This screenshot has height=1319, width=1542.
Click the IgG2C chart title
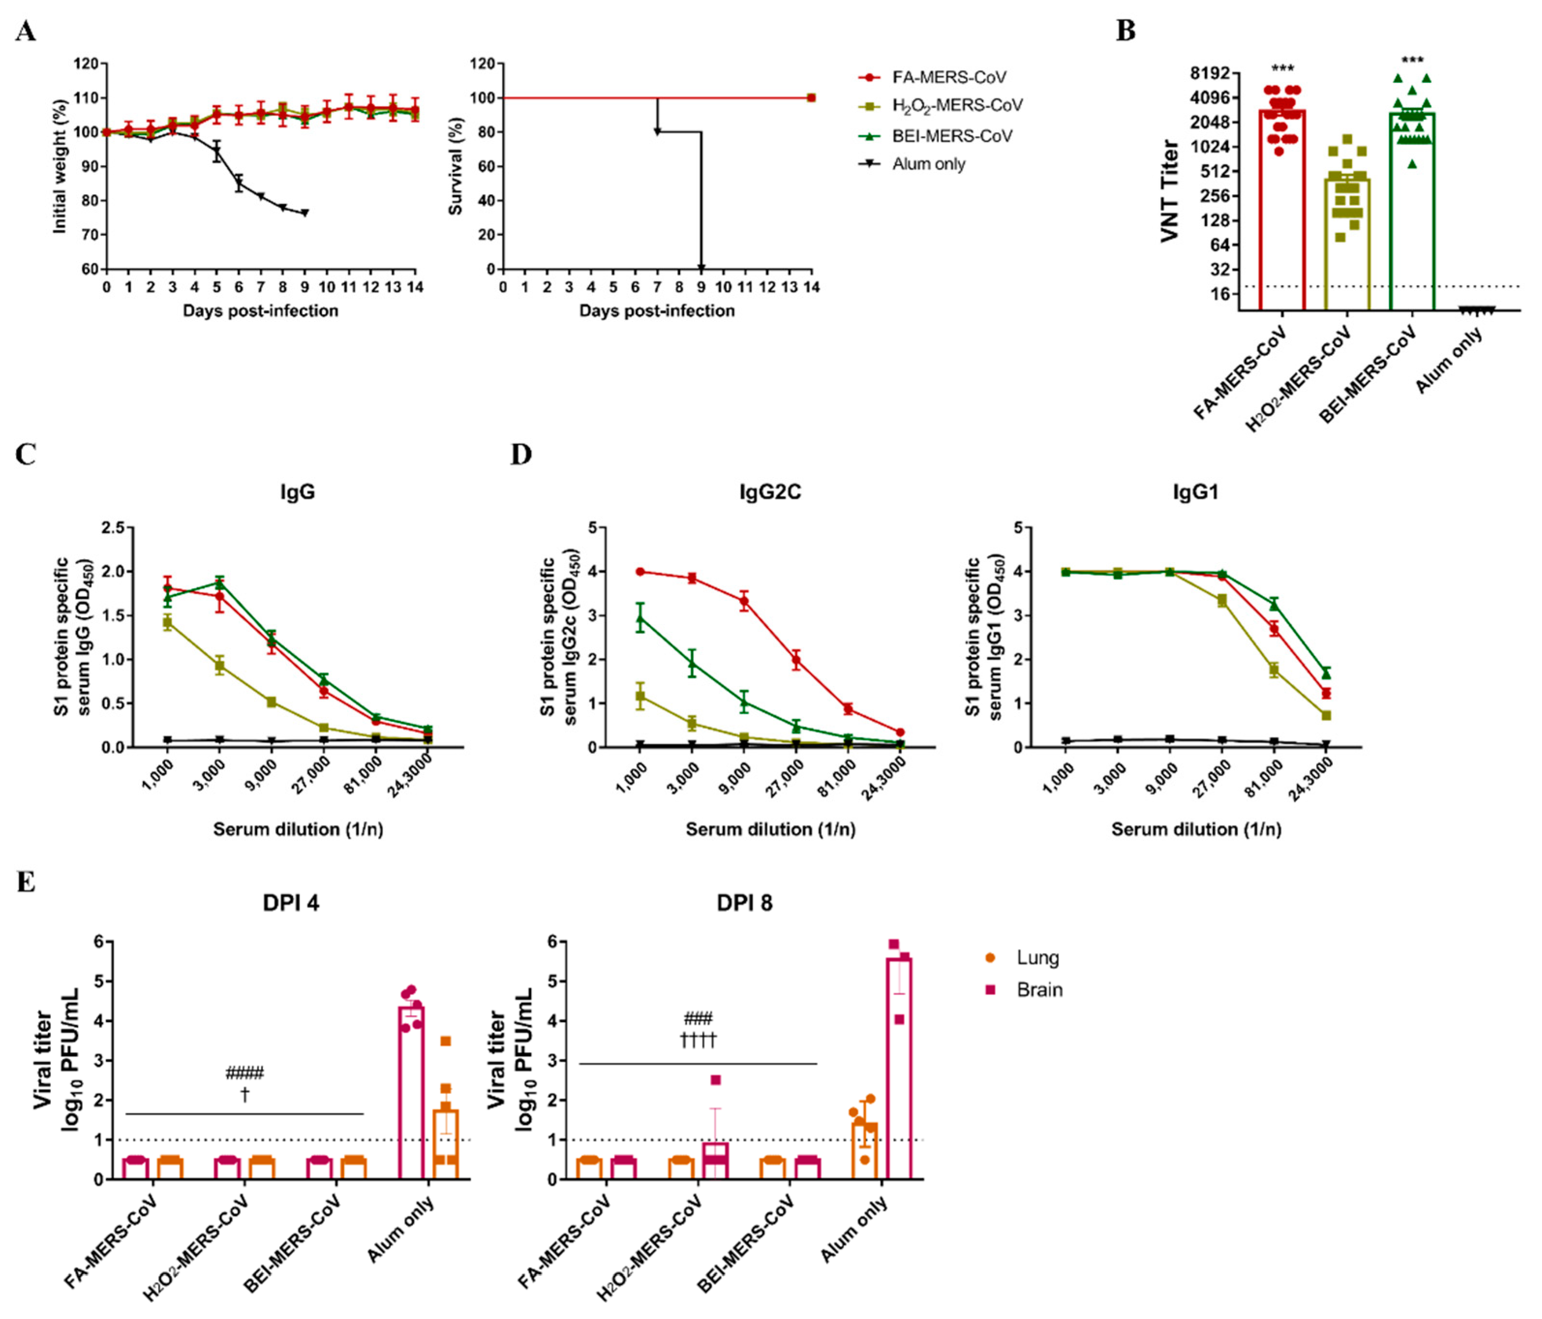pyautogui.click(x=770, y=492)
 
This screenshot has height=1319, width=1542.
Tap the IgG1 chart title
pyautogui.click(x=1195, y=492)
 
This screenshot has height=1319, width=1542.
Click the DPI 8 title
pyautogui.click(x=744, y=903)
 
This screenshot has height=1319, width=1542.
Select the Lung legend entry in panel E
pyautogui.click(x=1037, y=958)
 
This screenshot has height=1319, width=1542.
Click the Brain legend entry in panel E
pyautogui.click(x=1039, y=990)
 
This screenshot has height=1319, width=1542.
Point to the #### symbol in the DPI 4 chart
pyautogui.click(x=245, y=1073)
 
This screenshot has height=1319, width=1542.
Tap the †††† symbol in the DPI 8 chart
pyautogui.click(x=698, y=1039)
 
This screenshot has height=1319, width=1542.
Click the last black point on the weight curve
pyautogui.click(x=304, y=213)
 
